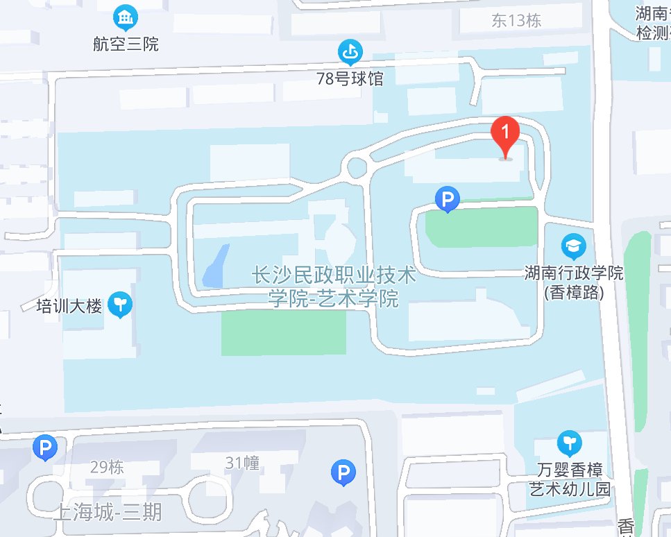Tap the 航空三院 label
[126, 44]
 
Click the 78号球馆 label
[350, 78]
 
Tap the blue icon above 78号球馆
[350, 51]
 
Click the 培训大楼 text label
[69, 305]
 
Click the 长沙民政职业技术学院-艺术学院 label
[334, 287]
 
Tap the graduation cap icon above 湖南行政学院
[573, 245]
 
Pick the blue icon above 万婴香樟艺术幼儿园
[569, 441]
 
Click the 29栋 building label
[107, 467]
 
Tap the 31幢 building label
[242, 463]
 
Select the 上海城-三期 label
[108, 513]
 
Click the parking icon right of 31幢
[343, 473]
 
